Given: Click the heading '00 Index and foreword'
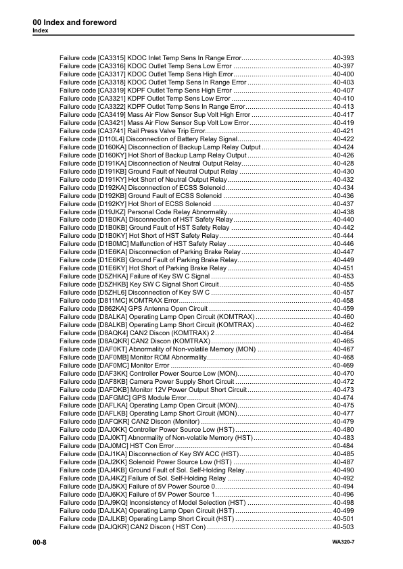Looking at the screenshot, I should pyautogui.click(x=74, y=22).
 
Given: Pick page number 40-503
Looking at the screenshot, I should pyautogui.click(x=343, y=526).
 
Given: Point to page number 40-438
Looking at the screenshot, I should pyautogui.click(x=343, y=212).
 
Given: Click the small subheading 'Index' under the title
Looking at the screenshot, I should pyautogui.click(x=41, y=31).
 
